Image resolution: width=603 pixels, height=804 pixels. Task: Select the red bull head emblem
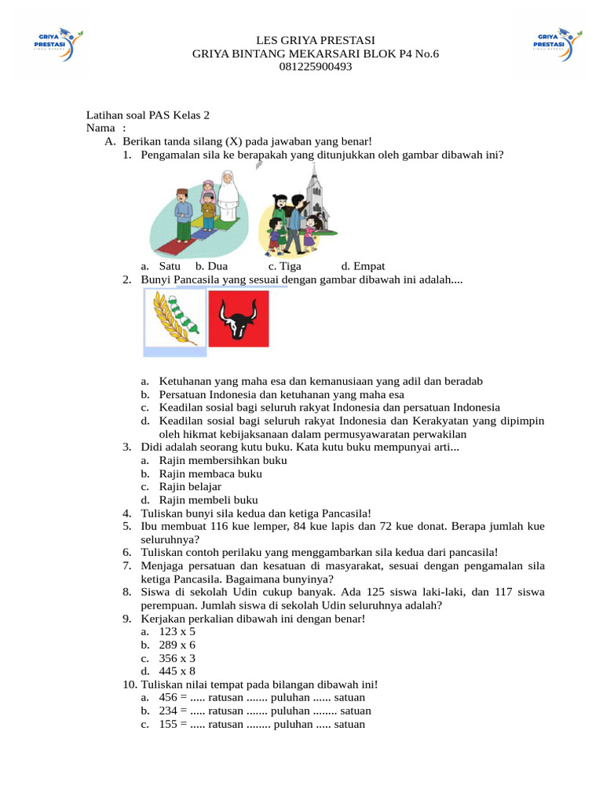(239, 319)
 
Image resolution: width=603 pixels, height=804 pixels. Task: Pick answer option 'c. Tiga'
(284, 266)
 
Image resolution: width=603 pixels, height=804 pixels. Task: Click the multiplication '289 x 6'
(177, 645)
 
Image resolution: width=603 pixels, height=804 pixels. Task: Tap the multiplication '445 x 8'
(177, 671)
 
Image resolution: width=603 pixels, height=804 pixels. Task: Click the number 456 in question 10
(168, 697)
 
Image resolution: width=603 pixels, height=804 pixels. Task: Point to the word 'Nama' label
(100, 128)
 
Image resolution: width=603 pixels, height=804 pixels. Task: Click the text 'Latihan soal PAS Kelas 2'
(148, 115)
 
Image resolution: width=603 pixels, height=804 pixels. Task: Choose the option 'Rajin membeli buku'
(208, 499)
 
